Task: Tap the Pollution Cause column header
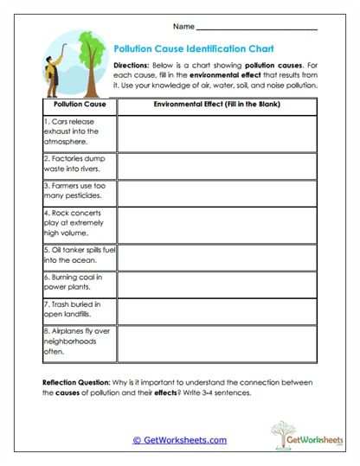pyautogui.click(x=79, y=104)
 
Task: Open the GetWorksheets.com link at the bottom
pyautogui.click(x=179, y=440)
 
